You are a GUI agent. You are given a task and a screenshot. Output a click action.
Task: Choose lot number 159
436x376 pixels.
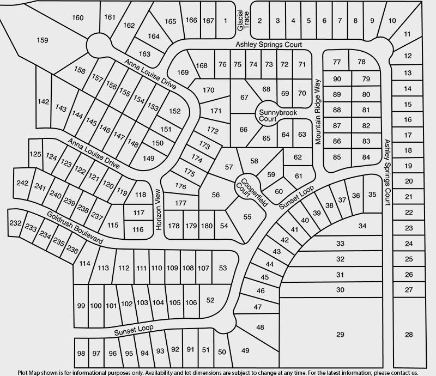pos(43,40)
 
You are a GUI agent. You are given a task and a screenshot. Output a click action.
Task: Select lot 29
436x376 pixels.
pos(341,334)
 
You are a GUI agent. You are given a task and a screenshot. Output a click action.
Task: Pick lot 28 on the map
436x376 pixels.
pos(409,334)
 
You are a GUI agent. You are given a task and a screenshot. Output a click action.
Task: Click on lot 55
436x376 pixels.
pos(247,216)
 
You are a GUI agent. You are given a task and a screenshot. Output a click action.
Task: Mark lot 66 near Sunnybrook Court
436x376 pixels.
pos(243,129)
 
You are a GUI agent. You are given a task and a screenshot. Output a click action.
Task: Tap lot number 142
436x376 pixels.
pos(44,102)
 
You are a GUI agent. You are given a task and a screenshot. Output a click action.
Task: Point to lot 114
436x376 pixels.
pos(84,264)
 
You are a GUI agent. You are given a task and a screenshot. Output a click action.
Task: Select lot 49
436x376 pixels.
pos(245,350)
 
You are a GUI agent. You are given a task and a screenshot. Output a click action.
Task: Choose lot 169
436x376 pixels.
pos(183,72)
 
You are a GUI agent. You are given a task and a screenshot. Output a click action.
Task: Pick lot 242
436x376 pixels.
pos(22,183)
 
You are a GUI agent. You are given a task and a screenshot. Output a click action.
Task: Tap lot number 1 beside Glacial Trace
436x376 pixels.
pos(226,21)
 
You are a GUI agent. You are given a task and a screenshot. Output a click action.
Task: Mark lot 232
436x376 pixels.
pos(15,223)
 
